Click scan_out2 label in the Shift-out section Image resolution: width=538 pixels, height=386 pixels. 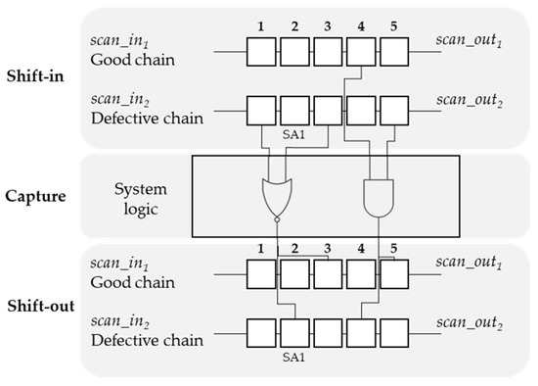[x=467, y=330]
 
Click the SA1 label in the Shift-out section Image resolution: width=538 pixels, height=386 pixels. [x=293, y=353]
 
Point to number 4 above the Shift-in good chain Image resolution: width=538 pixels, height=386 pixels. [x=361, y=23]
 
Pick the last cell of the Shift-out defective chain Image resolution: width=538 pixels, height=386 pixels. [x=393, y=330]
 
